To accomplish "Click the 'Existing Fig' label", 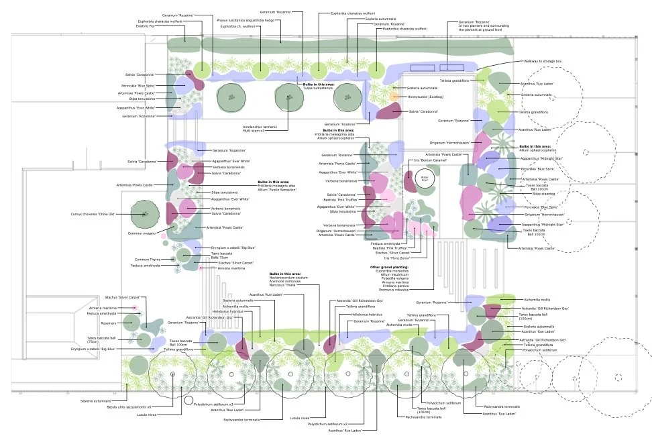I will click(x=156, y=26).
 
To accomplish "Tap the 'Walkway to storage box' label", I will click(x=543, y=61).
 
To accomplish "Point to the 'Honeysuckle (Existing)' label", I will click(x=425, y=97).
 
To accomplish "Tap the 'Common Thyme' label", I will click(x=146, y=260).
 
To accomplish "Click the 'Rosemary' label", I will click(x=110, y=323).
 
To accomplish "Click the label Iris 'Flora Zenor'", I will click(x=396, y=258).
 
